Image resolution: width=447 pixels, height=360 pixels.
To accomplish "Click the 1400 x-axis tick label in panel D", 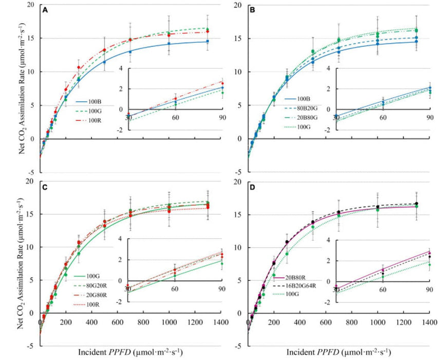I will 430,322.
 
